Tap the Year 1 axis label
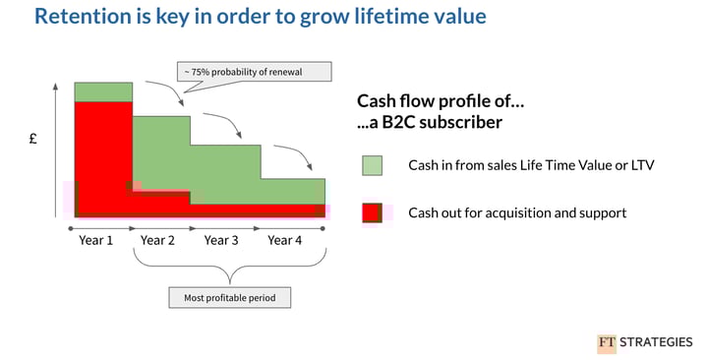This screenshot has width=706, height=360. [x=95, y=240]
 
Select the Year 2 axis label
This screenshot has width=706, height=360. [x=158, y=240]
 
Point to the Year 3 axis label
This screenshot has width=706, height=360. [x=221, y=240]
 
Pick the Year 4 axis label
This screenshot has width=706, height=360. [x=284, y=240]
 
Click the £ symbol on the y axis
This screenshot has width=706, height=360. [x=32, y=140]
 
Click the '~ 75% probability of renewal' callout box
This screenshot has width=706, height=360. [x=254, y=72]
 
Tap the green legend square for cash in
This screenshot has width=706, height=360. [x=373, y=165]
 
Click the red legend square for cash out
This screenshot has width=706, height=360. [x=373, y=212]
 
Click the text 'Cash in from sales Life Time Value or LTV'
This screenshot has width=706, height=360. [x=531, y=165]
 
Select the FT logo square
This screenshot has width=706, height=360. [x=606, y=343]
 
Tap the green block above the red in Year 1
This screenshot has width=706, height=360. [x=103, y=91]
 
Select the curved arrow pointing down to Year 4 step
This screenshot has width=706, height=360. [x=295, y=154]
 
